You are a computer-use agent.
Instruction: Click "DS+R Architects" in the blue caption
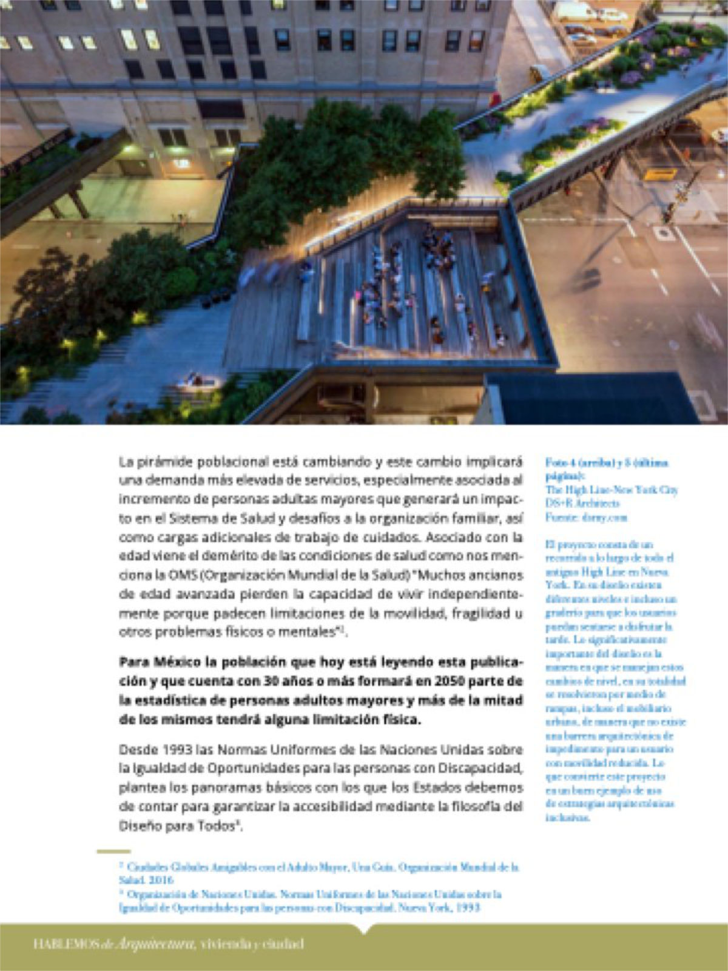click(x=582, y=504)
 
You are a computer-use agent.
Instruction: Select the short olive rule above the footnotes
click(x=113, y=851)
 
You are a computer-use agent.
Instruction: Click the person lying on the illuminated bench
click(x=198, y=381)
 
